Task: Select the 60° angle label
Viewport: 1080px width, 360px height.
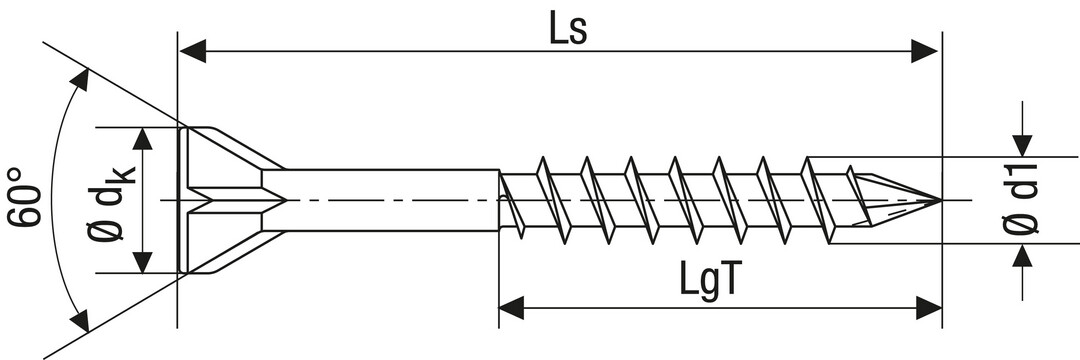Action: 24,197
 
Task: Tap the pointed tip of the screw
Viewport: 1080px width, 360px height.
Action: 940,200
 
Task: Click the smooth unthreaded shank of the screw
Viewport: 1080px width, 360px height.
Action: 380,200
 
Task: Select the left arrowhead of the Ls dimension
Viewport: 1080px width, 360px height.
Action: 193,51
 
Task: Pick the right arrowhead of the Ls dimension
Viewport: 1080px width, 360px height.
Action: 924,51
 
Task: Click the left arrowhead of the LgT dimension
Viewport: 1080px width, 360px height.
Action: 512,308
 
